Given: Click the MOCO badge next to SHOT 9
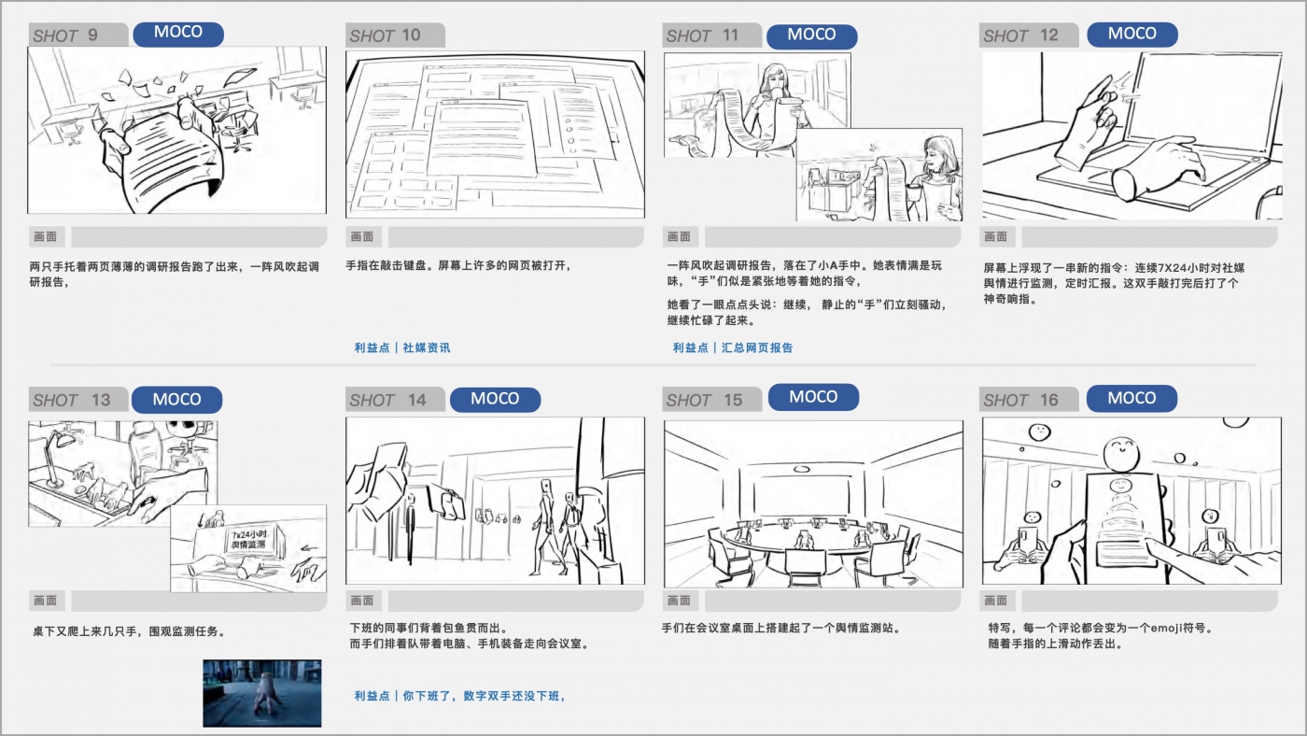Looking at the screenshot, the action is point(178,34).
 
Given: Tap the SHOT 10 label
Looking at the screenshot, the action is point(385,35).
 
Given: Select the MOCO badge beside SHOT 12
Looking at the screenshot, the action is point(1131,34).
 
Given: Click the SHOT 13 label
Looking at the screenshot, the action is point(72,400).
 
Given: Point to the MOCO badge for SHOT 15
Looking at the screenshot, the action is point(813,397).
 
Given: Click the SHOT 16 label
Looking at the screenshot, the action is point(1020,400).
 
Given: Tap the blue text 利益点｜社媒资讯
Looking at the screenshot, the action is point(402,347).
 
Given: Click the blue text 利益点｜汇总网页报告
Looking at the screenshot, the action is point(733,347).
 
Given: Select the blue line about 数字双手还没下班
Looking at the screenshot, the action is point(459,696).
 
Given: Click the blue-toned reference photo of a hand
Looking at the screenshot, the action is point(262,693).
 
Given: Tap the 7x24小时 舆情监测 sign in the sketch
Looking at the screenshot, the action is point(249,540).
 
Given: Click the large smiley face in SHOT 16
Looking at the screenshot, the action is point(1121,453).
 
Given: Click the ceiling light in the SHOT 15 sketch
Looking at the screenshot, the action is point(802,469).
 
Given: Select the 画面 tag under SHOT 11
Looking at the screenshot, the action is point(680,236).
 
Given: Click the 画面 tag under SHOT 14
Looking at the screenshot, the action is point(363,600).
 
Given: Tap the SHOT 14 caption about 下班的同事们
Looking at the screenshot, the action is point(429,628).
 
